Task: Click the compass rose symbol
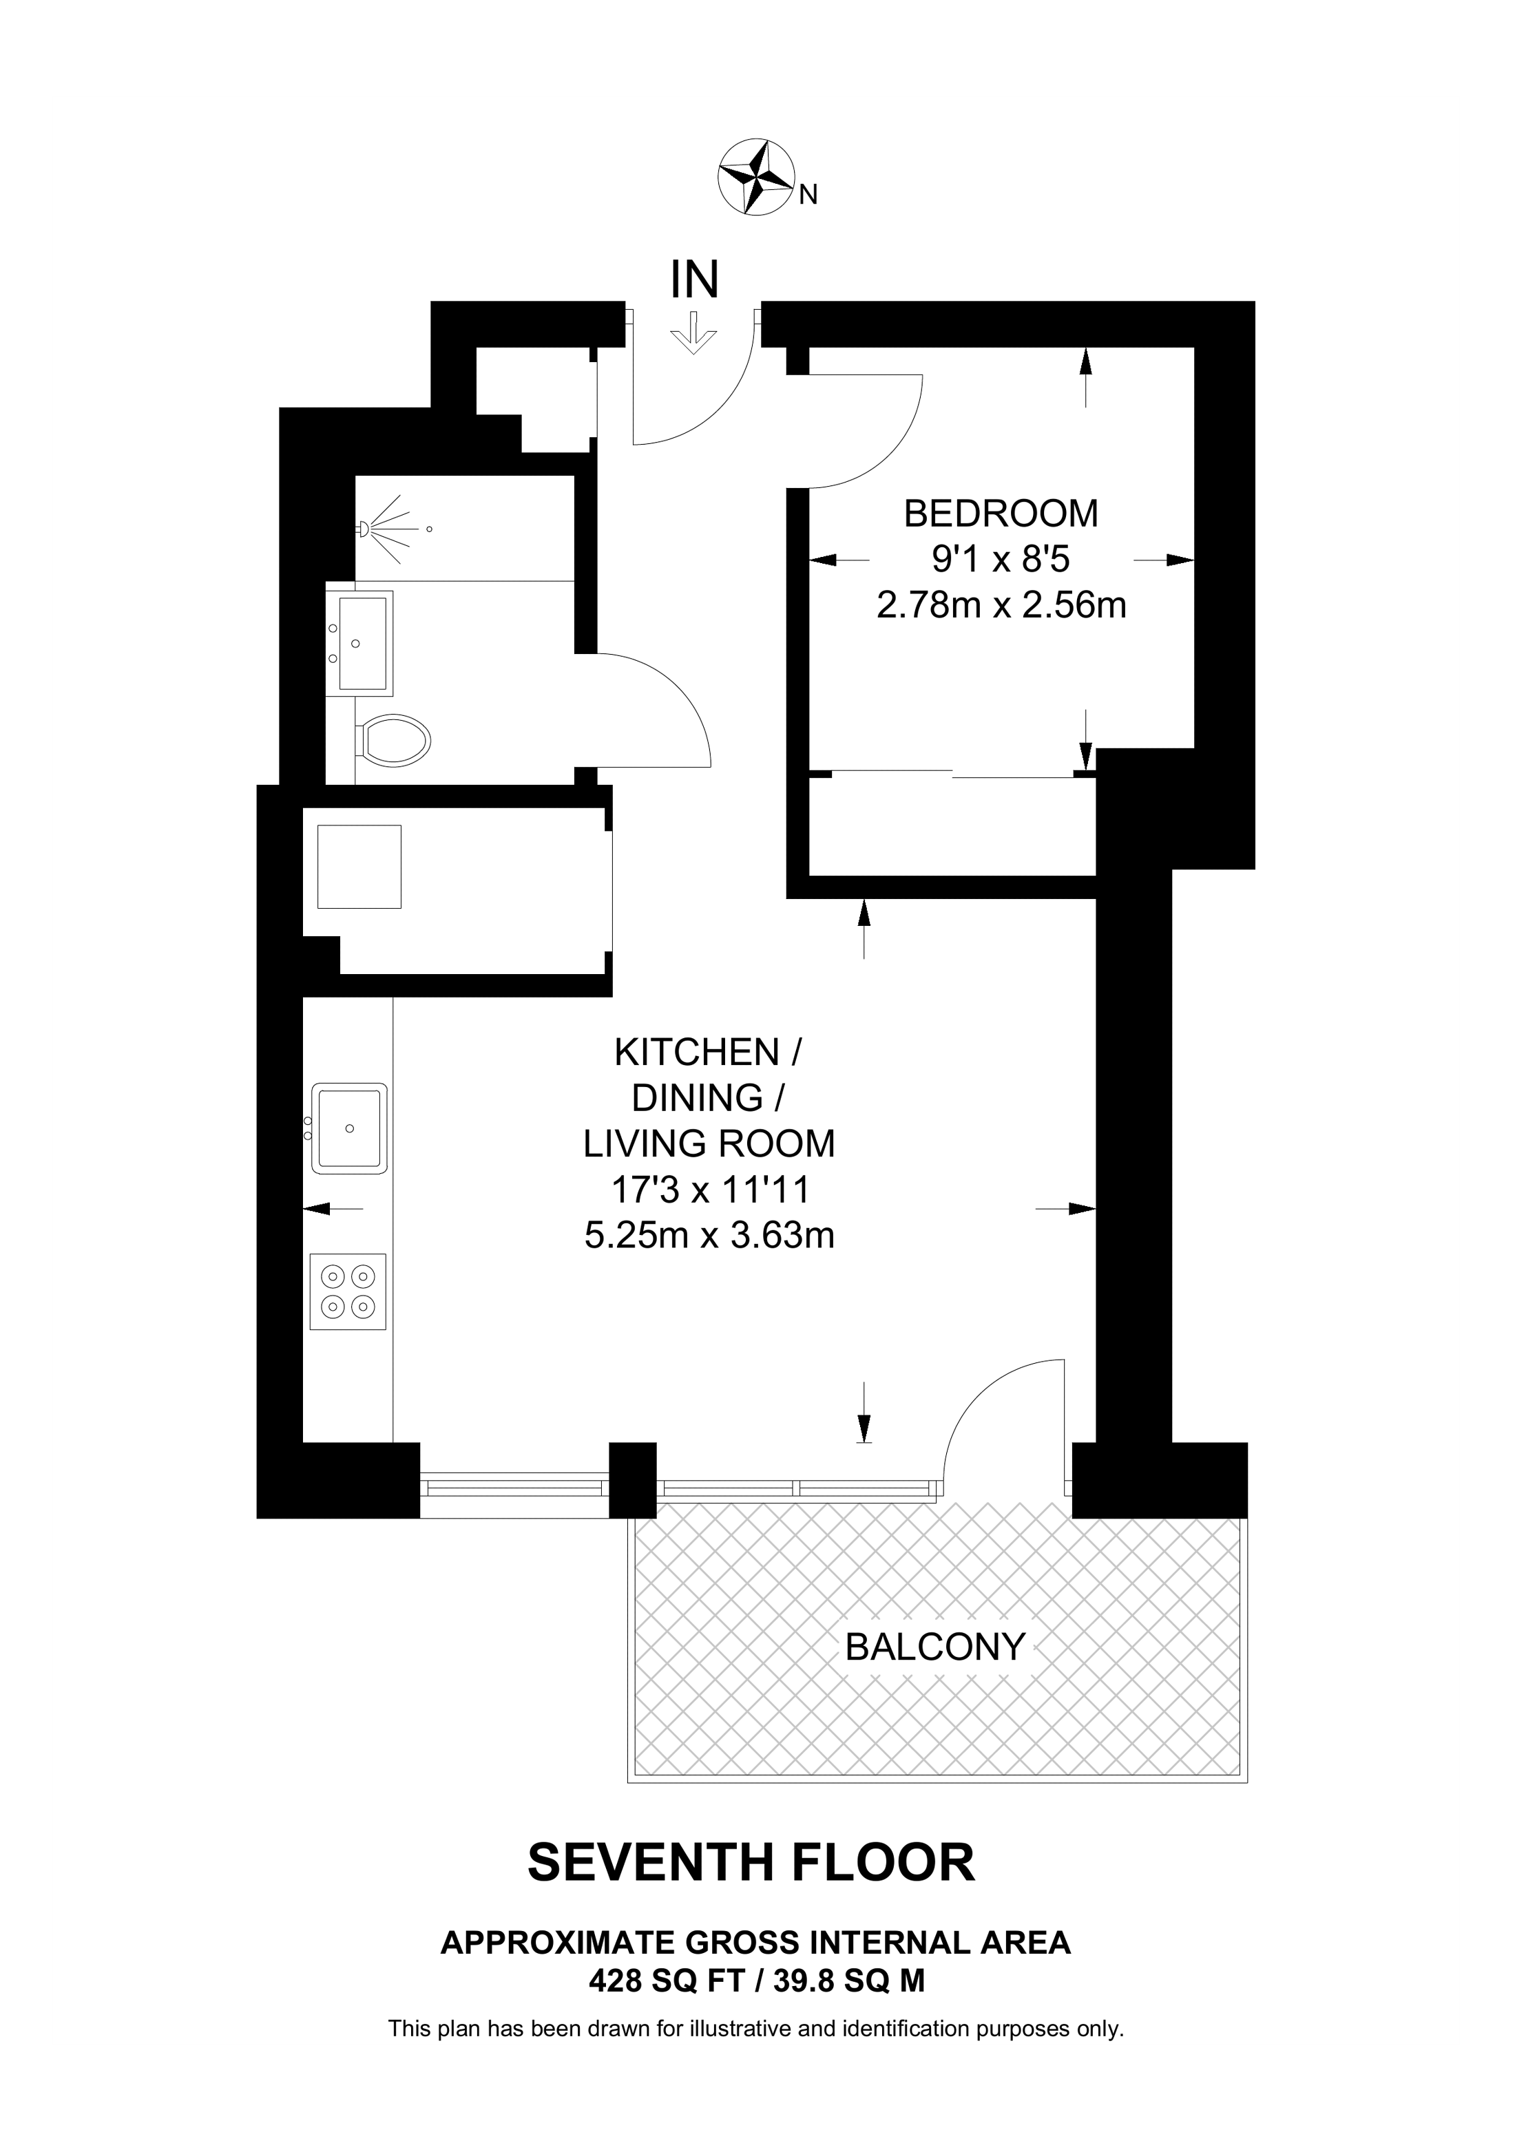coord(756,178)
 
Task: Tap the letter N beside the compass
coord(809,195)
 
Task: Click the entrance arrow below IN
coord(693,334)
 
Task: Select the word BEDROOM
coord(1001,514)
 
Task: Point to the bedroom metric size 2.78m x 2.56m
coord(1001,606)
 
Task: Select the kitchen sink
coord(349,1128)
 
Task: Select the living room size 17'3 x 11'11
coord(709,1190)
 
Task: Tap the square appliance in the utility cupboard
coord(359,866)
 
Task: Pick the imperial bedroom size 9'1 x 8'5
coord(1001,560)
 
